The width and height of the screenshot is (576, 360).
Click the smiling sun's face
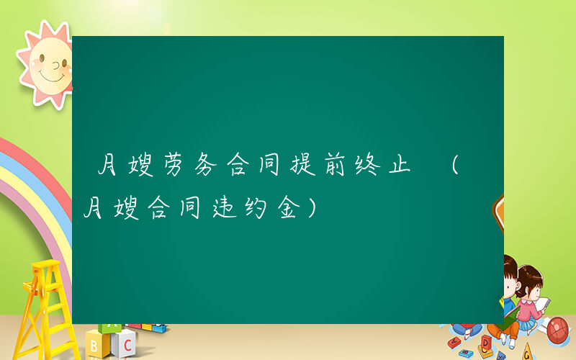tap(49, 65)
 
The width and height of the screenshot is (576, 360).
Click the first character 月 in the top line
tap(108, 166)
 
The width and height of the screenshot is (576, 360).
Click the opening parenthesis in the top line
tap(455, 167)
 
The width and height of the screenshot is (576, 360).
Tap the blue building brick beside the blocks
tap(154, 328)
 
